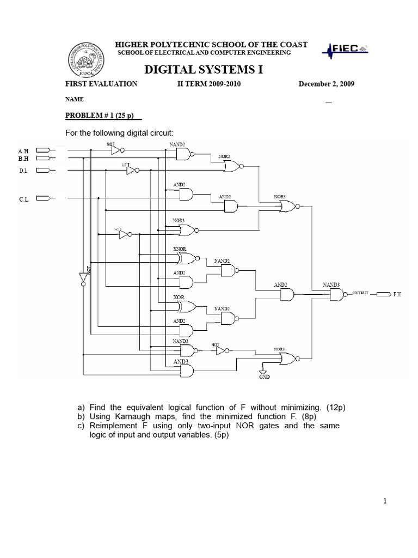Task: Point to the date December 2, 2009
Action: click(326, 84)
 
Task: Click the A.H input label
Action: click(23, 150)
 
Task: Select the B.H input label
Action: click(23, 159)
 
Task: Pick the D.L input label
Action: click(23, 171)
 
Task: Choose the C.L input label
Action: click(23, 199)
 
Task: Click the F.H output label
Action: click(397, 294)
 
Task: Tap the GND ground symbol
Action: click(264, 372)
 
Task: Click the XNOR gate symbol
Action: click(185, 258)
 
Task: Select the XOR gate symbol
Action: click(185, 306)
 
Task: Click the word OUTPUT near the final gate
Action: click(361, 293)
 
